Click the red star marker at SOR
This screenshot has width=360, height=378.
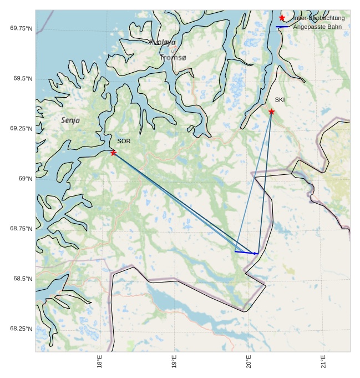[113, 153]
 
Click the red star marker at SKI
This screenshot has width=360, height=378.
[271, 112]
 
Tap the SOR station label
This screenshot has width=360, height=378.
[124, 142]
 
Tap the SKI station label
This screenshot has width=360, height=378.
[280, 100]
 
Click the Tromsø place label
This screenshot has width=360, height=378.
[173, 57]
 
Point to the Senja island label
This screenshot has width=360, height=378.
[70, 120]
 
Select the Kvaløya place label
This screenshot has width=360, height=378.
[163, 42]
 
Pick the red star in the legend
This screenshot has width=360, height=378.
[282, 18]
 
